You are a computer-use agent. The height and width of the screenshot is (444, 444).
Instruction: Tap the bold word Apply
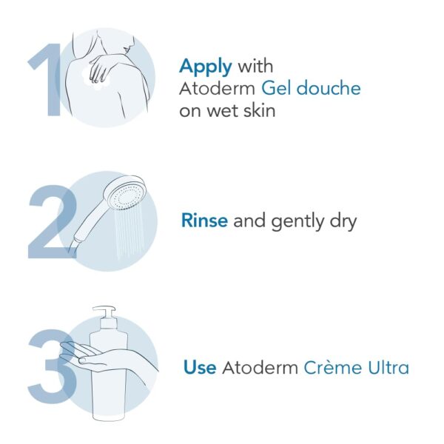pyautogui.click(x=205, y=67)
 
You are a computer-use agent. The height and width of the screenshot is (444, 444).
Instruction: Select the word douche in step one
pyautogui.click(x=332, y=89)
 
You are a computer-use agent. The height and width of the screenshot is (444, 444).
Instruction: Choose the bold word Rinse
pyautogui.click(x=204, y=221)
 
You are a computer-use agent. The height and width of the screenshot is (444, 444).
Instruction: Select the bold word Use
pyautogui.click(x=199, y=367)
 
